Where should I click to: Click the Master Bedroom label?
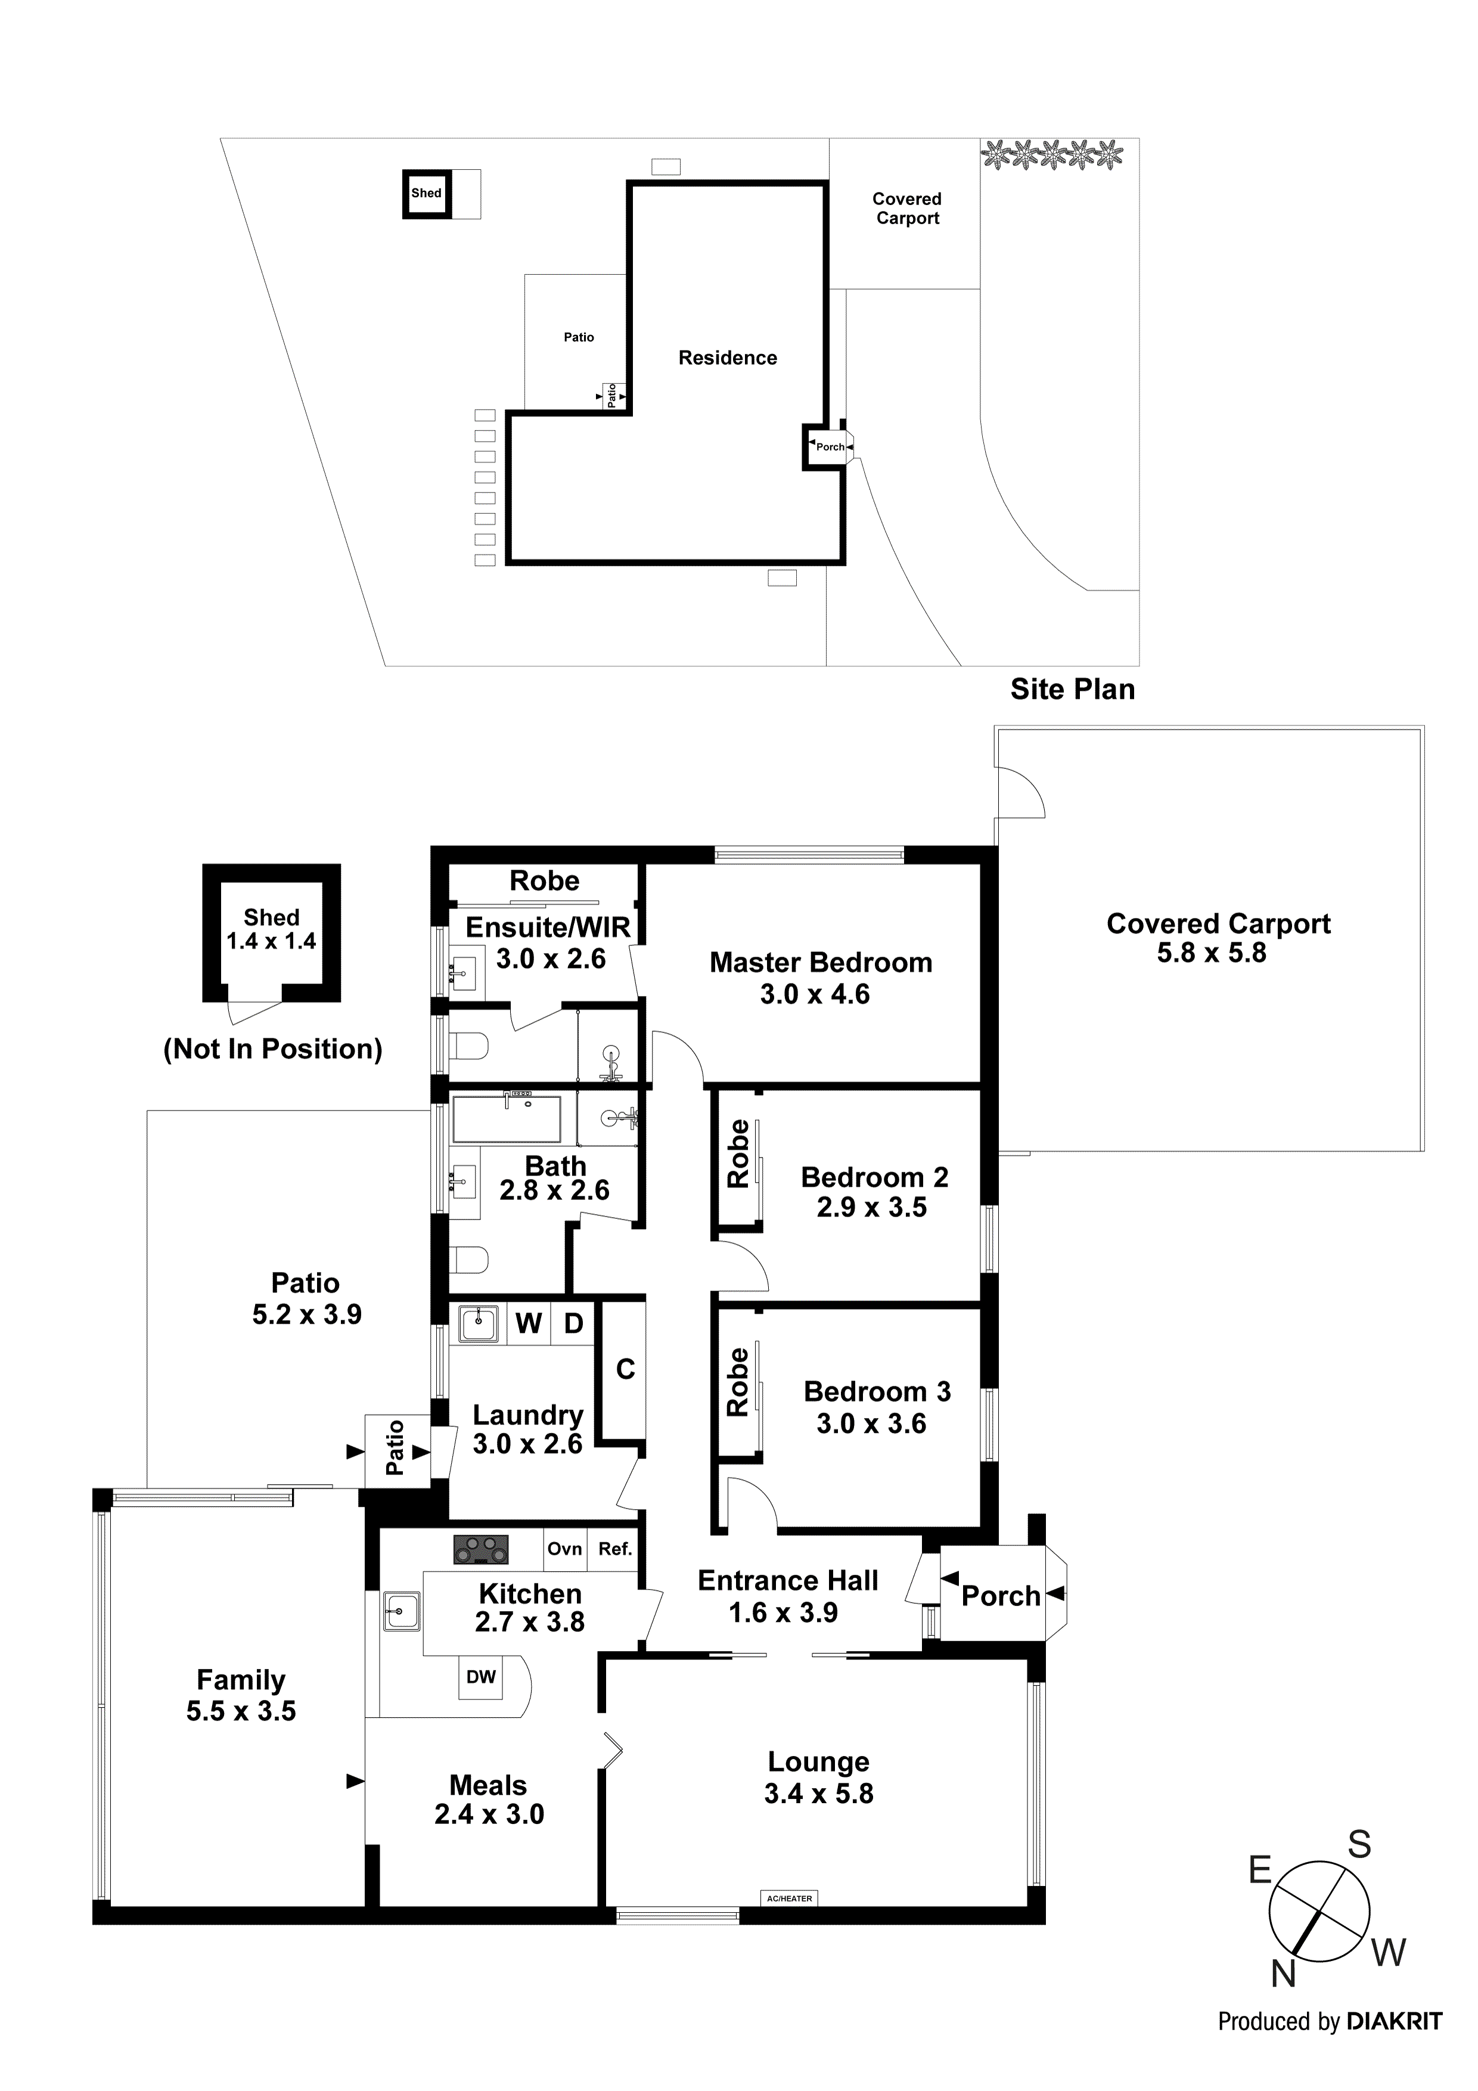[821, 963]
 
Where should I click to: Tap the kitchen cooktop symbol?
[481, 1549]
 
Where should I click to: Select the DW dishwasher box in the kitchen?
[481, 1677]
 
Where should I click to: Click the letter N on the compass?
[1283, 1974]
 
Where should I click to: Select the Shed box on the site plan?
[426, 193]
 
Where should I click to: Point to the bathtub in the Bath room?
[507, 1119]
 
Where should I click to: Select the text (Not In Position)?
[272, 1049]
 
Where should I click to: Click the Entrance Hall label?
[788, 1580]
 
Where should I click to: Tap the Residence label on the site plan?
[728, 358]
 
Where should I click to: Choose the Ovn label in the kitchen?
[564, 1548]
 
